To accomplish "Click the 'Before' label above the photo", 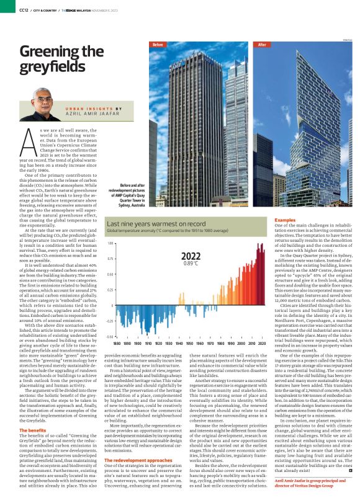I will click(x=158, y=45).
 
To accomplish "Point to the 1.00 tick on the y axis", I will click(x=111, y=244).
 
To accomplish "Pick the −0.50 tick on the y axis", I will click(x=110, y=337).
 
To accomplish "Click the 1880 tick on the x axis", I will click(x=117, y=342).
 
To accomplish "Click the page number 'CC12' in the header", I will click(x=24, y=10).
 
